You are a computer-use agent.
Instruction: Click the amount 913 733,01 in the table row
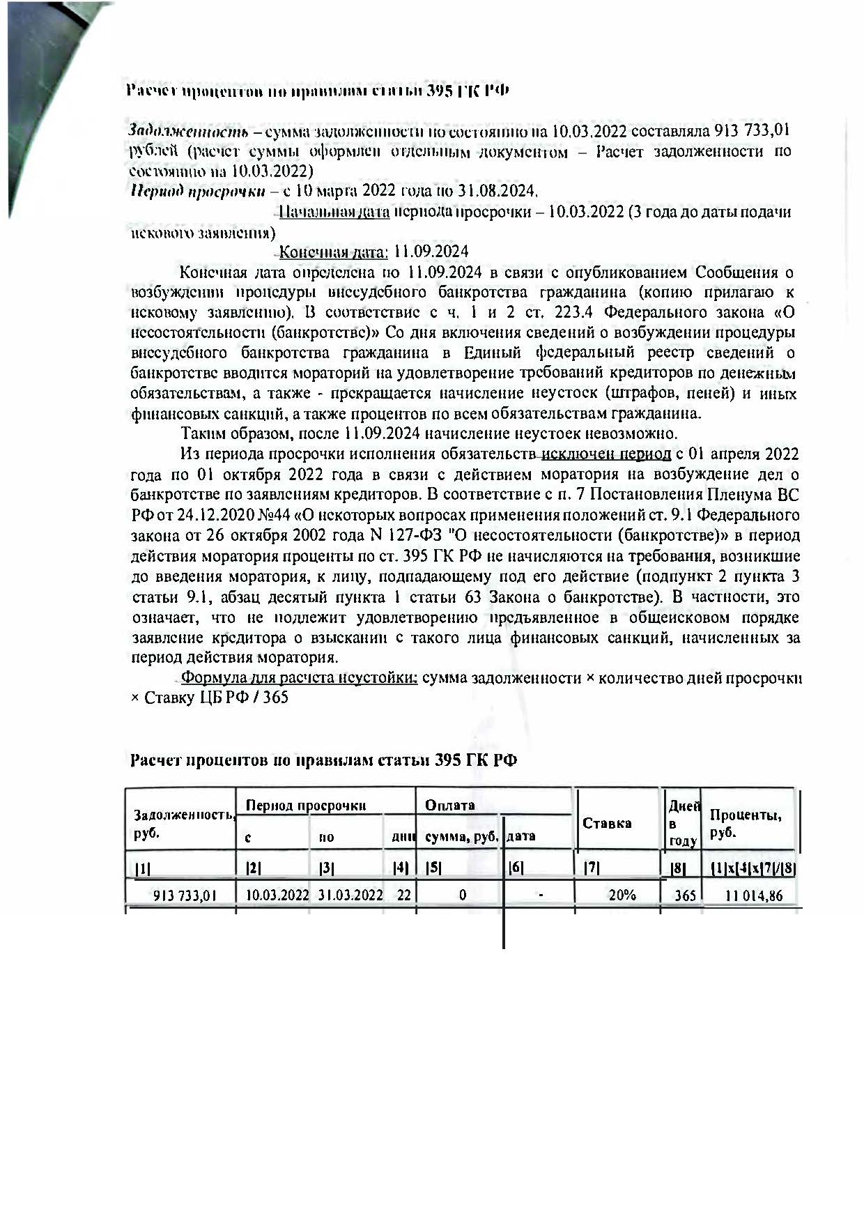click(185, 895)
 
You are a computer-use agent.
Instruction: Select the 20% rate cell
click(622, 895)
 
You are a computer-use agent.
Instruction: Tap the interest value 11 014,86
click(754, 895)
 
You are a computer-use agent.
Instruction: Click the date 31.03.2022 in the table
click(350, 895)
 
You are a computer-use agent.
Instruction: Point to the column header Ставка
click(607, 823)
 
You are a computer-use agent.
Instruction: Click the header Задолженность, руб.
click(183, 823)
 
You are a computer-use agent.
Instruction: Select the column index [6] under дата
click(516, 868)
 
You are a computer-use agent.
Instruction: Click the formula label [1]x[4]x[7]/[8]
click(753, 868)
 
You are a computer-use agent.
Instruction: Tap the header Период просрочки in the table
click(306, 806)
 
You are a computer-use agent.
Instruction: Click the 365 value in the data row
click(685, 895)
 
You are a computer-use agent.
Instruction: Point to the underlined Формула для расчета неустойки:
click(299, 678)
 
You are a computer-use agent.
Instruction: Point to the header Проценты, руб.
click(744, 823)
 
